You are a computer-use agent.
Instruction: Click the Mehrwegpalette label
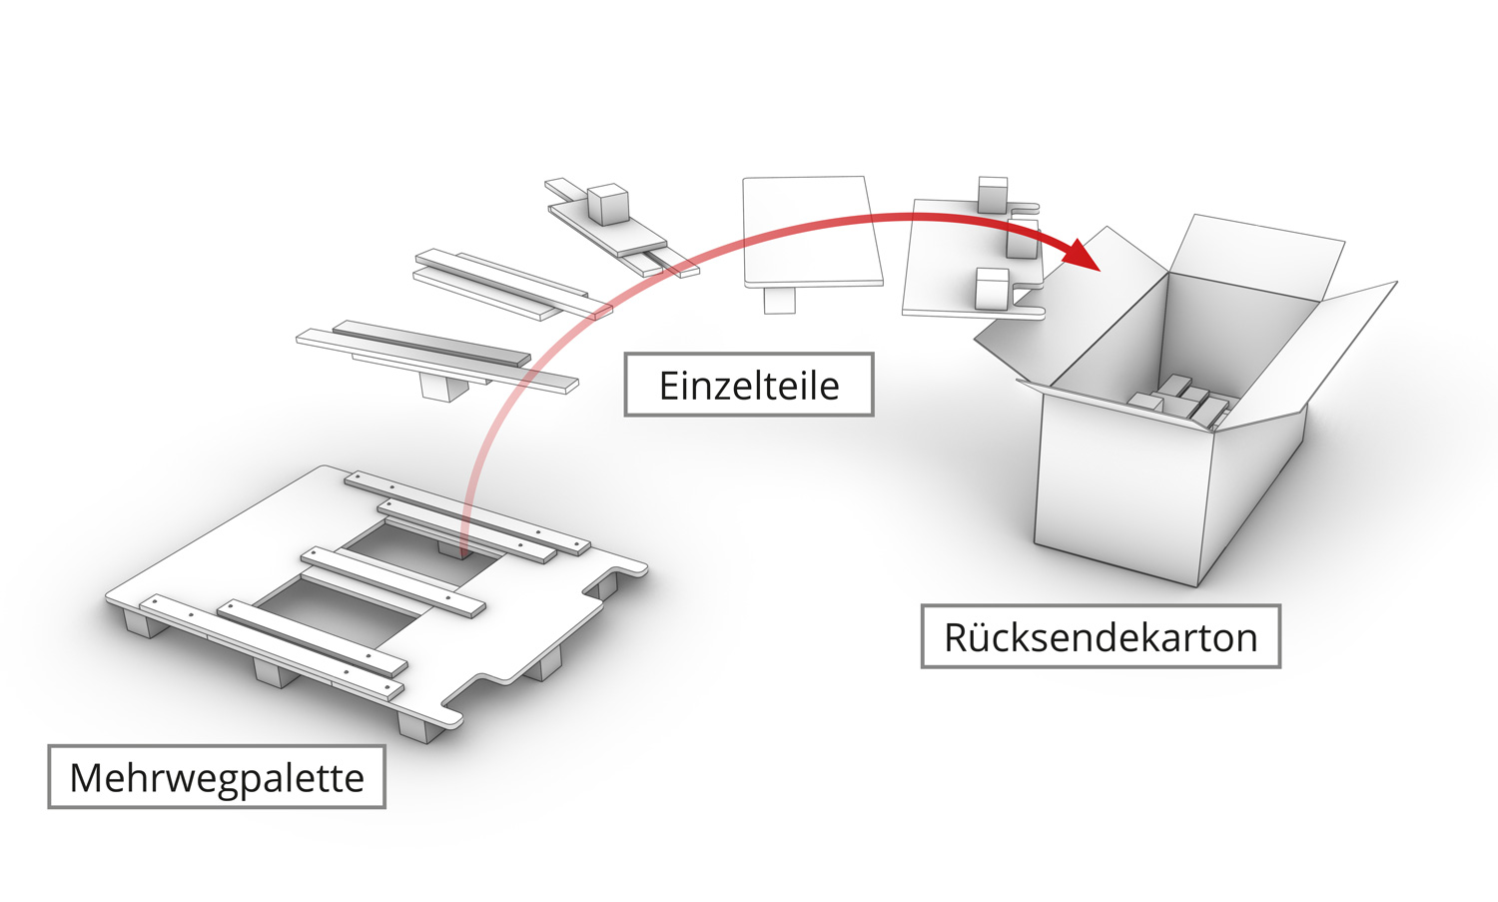click(x=217, y=777)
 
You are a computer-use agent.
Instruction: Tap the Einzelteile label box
click(x=749, y=385)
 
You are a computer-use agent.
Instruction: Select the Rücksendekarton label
click(x=1100, y=636)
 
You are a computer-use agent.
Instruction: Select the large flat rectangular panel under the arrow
click(x=811, y=231)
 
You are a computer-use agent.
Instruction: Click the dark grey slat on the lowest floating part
click(x=431, y=344)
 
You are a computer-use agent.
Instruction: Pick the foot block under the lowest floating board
click(x=445, y=386)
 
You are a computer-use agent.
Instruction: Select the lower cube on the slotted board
click(x=992, y=289)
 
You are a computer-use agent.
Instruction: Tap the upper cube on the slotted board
click(x=992, y=195)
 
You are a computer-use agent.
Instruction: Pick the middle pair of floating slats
click(x=509, y=285)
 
